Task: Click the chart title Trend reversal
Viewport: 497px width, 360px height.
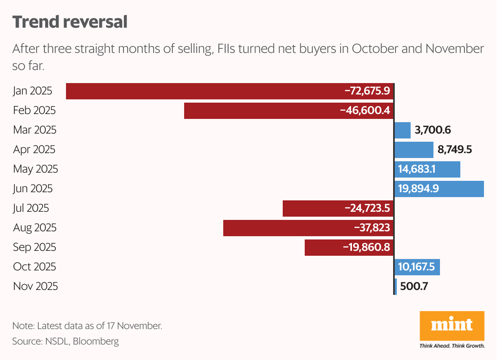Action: pos(70,22)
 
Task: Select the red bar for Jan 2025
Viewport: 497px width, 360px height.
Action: pos(204,91)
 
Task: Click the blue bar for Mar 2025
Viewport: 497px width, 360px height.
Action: pos(403,130)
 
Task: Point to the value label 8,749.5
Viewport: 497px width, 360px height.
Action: pos(455,149)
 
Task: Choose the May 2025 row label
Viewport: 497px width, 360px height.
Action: pos(35,169)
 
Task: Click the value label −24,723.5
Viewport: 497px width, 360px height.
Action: pos(367,208)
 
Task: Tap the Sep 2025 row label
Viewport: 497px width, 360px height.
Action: pos(35,247)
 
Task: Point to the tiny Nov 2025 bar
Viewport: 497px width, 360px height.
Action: pos(396,286)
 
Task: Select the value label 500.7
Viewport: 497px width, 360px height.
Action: pos(414,286)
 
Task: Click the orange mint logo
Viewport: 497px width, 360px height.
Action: pos(452,326)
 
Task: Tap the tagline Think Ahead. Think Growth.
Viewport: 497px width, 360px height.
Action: pos(452,346)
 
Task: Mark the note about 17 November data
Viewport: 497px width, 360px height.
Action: pos(87,326)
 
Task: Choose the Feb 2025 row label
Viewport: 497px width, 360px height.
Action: pos(34,110)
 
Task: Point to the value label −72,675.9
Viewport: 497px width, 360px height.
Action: pos(367,91)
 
